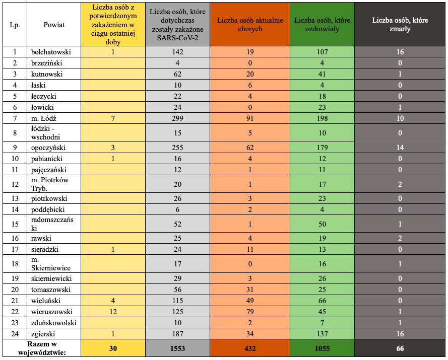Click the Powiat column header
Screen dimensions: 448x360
coord(54,25)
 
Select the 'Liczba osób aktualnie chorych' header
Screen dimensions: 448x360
coord(250,25)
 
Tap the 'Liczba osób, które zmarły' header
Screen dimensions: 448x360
coord(400,25)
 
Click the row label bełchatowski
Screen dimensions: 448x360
coord(51,52)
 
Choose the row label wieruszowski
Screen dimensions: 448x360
coord(52,312)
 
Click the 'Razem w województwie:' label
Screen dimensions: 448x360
coord(42,348)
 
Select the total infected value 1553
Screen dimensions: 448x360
coord(177,348)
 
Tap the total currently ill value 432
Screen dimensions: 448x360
coord(250,348)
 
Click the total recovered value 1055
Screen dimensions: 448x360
coord(323,348)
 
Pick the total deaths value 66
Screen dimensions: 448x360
coord(400,348)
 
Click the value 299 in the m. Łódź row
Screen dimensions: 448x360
coord(177,118)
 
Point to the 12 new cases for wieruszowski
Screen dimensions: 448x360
coord(113,312)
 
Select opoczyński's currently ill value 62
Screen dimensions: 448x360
coord(250,148)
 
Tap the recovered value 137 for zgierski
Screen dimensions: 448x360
coord(323,334)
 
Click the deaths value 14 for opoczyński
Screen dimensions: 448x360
coord(400,148)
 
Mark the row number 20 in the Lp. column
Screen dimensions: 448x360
coord(15,290)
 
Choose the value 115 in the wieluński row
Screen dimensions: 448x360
coord(177,301)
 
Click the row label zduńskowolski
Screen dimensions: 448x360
coord(54,323)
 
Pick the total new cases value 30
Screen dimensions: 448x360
coord(113,348)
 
